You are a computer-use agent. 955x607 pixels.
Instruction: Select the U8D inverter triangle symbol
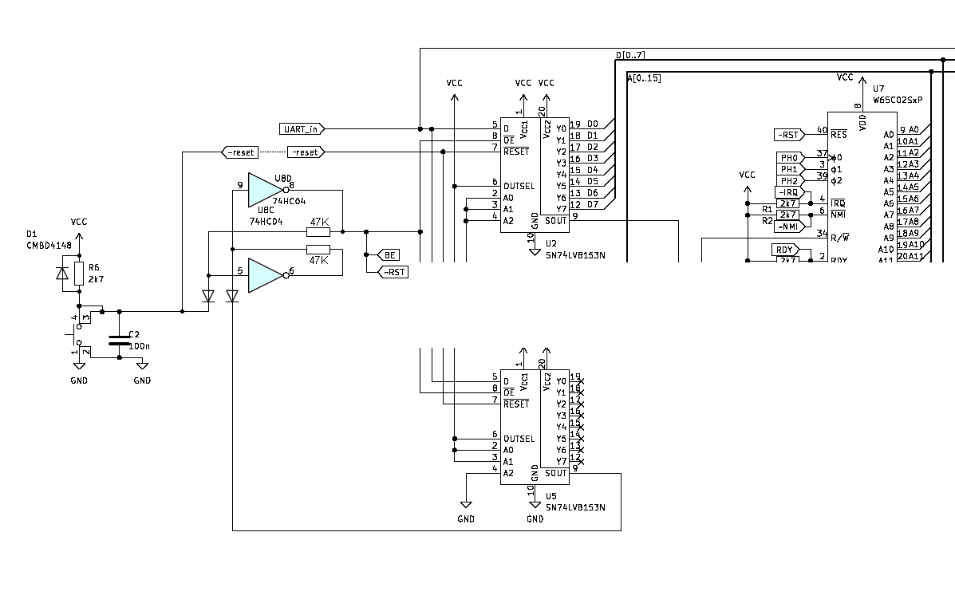(x=262, y=190)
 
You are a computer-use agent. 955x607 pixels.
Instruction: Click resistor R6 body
(x=79, y=273)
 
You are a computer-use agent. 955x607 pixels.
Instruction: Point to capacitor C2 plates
(x=119, y=341)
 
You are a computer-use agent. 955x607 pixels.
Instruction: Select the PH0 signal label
(x=788, y=158)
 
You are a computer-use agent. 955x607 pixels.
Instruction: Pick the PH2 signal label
(x=788, y=181)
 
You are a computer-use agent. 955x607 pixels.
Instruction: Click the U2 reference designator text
(x=551, y=242)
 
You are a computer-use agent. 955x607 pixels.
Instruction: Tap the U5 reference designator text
(x=551, y=495)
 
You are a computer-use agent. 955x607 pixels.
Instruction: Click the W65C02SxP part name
(x=897, y=100)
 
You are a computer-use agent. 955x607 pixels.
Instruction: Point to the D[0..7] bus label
(x=630, y=55)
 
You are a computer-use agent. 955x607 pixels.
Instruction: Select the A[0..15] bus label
(x=644, y=78)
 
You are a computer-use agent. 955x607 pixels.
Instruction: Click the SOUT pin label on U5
(x=555, y=473)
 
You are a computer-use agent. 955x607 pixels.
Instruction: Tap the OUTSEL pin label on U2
(x=519, y=186)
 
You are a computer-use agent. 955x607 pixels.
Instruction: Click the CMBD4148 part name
(x=49, y=246)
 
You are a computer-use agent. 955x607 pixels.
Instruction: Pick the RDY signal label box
(x=785, y=250)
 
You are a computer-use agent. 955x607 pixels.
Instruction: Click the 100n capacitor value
(x=140, y=347)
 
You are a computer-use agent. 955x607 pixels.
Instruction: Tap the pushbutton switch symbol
(x=80, y=334)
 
